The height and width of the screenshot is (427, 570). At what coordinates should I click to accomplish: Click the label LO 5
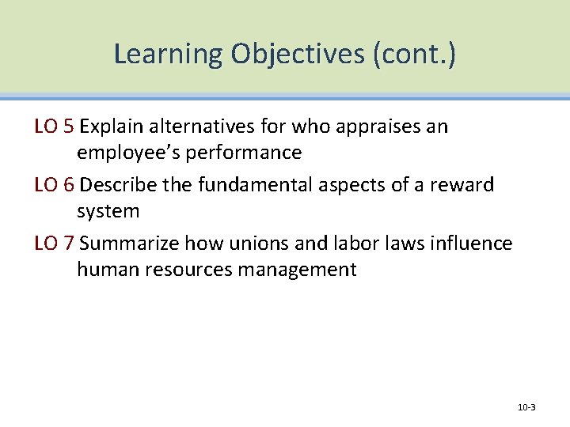pos(55,127)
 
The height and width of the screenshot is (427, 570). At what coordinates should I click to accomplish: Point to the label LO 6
pos(55,185)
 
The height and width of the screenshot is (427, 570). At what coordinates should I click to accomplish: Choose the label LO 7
pos(55,244)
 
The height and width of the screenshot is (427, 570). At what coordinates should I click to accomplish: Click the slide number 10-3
pos(526,407)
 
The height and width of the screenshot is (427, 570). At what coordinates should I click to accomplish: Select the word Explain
pos(113,127)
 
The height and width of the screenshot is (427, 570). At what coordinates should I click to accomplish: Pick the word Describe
pos(119,185)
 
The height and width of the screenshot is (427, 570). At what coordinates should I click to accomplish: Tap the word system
pos(108,211)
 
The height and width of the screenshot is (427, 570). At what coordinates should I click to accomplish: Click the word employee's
pos(125,153)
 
